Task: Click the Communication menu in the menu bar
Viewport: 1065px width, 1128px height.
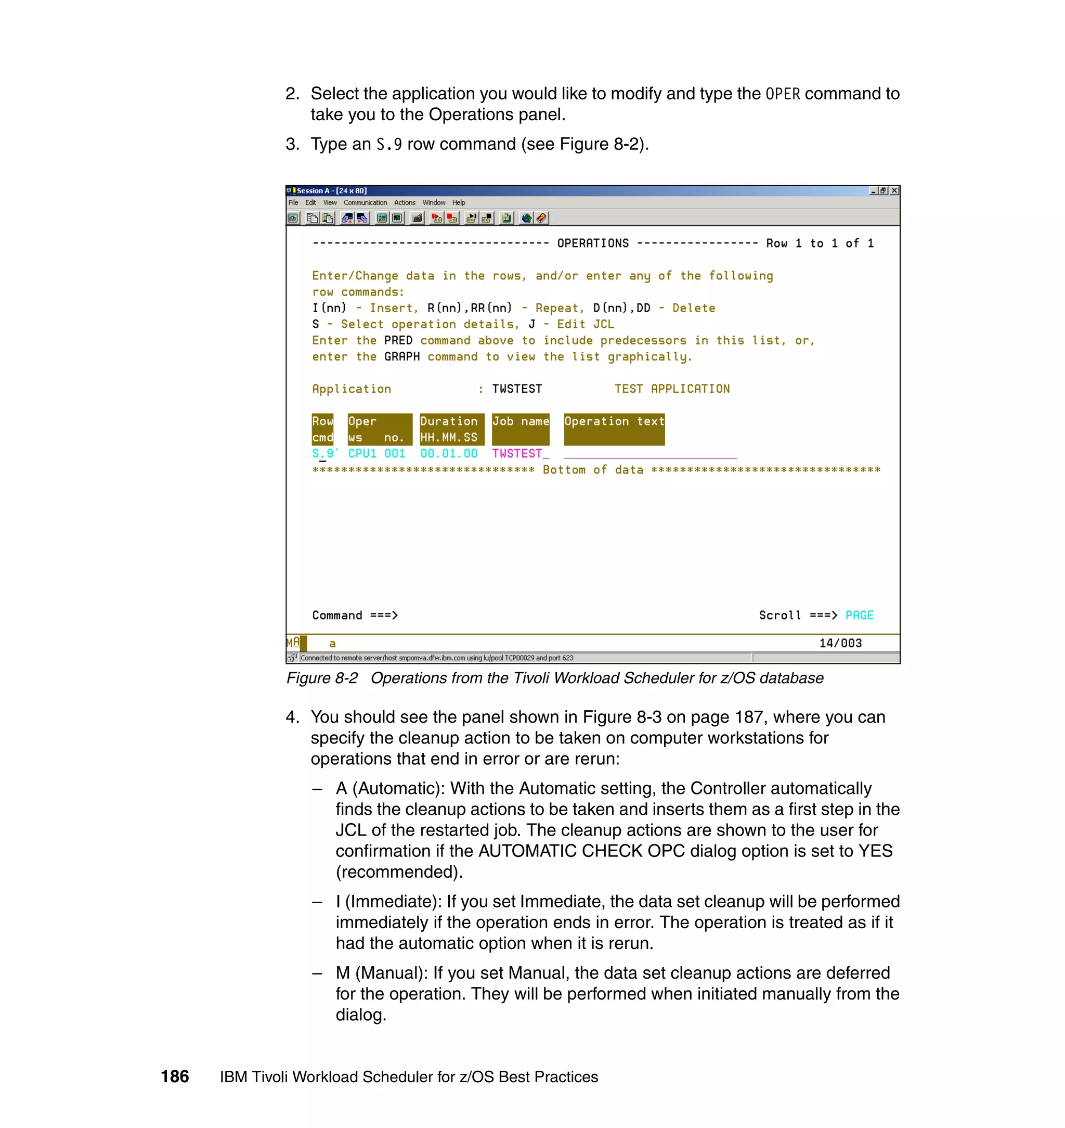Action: (x=365, y=203)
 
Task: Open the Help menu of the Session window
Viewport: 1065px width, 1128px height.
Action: (x=458, y=203)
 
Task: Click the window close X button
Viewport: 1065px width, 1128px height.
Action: (x=894, y=191)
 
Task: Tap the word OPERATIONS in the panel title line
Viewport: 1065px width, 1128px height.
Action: (x=593, y=243)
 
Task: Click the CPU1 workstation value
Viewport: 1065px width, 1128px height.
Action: (x=362, y=454)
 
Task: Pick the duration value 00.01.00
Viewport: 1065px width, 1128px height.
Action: (x=448, y=454)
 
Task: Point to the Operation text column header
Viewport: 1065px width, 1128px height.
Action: (x=614, y=421)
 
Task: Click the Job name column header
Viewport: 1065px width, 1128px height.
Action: (x=520, y=421)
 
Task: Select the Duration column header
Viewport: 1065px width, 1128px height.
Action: (x=448, y=421)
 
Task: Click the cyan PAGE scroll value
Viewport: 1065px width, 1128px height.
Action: (x=859, y=615)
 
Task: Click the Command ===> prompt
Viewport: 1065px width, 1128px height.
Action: (x=355, y=615)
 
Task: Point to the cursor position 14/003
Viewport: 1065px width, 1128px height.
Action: (x=840, y=643)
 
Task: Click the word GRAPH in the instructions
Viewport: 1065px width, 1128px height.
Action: (x=402, y=357)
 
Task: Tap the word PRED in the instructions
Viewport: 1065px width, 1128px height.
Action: (x=398, y=341)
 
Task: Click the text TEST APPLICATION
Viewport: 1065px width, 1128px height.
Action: (x=671, y=389)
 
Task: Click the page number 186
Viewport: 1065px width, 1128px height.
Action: (x=175, y=1076)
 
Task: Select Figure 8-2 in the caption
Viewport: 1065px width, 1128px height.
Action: (x=322, y=678)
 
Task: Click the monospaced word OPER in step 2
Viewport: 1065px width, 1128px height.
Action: (x=782, y=94)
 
